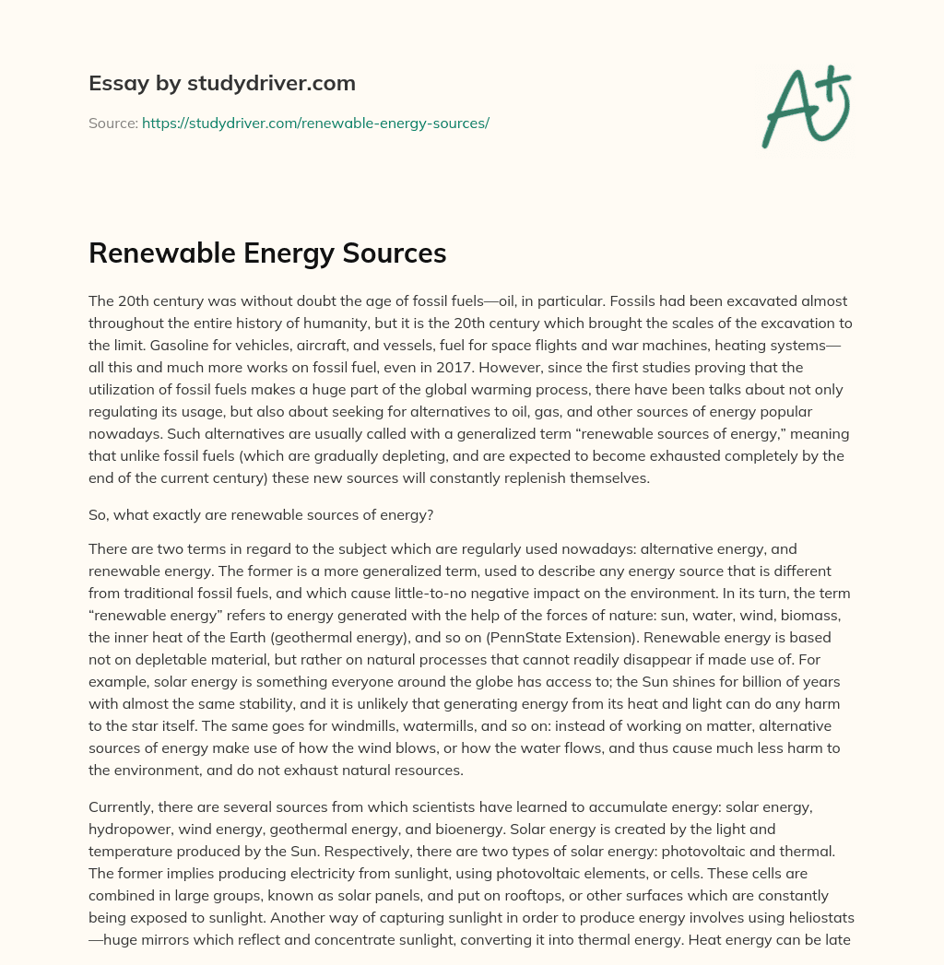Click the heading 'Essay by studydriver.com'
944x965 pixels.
coord(222,84)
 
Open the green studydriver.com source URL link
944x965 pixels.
coord(315,123)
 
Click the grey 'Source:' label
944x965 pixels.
coord(112,123)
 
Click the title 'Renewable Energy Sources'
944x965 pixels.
coord(267,253)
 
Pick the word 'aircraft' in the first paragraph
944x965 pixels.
coord(273,346)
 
